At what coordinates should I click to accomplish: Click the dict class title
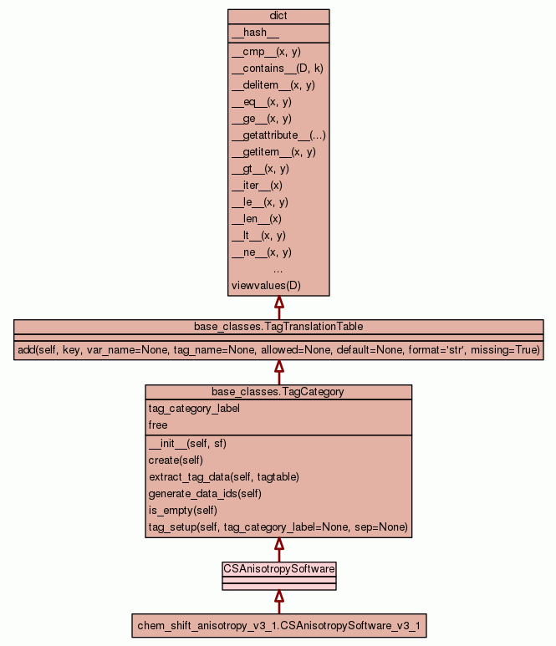coord(278,17)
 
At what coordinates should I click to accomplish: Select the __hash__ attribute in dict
coord(250,33)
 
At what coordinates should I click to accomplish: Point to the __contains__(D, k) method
coord(277,69)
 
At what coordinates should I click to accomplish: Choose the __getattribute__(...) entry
coord(278,135)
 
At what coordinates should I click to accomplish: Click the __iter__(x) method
coord(257,186)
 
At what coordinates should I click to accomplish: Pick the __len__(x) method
coord(257,219)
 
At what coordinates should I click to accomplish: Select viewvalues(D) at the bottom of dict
coord(266,286)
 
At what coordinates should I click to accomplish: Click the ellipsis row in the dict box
coord(278,269)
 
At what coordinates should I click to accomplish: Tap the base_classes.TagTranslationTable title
coord(278,326)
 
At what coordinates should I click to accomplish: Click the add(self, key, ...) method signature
coord(278,349)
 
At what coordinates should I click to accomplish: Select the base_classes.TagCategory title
coord(278,391)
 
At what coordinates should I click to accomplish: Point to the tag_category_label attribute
coord(194,409)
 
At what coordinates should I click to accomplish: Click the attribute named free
coord(158,425)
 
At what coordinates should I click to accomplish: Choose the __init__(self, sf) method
coord(187,444)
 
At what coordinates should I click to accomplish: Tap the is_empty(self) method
coord(183,511)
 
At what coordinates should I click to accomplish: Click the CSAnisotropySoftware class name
coord(278,568)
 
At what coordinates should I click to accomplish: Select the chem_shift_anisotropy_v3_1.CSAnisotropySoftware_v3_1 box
coord(278,625)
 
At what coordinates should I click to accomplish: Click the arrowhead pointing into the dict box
coord(278,303)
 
